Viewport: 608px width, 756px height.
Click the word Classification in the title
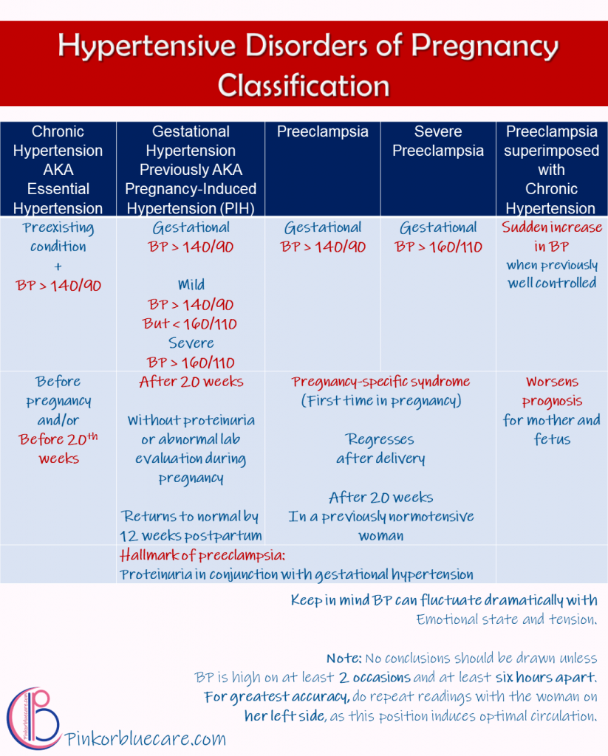point(304,86)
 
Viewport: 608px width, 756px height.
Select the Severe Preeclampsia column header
point(438,141)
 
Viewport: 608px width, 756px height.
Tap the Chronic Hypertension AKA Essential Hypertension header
point(58,170)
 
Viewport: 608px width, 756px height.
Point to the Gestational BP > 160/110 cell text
point(438,237)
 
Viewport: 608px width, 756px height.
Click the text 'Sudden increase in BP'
point(552,236)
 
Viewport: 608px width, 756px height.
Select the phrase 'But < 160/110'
point(191,323)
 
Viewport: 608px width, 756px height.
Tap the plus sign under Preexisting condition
point(58,266)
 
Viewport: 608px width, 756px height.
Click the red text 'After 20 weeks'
point(191,382)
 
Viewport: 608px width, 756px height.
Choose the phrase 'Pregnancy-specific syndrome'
point(380,382)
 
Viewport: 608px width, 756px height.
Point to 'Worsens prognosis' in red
point(552,391)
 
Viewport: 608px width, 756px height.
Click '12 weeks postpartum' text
point(191,535)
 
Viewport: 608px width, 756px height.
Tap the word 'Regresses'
point(380,439)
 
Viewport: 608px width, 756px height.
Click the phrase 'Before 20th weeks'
point(58,448)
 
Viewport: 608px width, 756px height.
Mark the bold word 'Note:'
point(344,658)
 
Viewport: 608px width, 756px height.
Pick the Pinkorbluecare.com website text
point(146,738)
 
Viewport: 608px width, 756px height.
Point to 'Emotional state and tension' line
point(506,619)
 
